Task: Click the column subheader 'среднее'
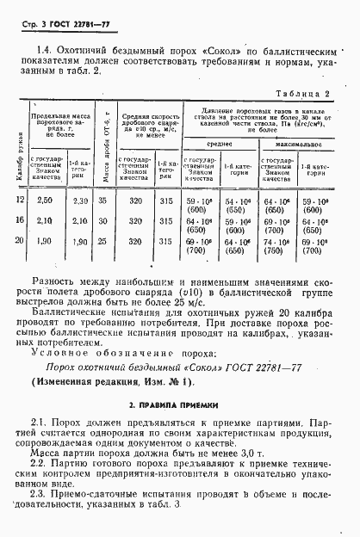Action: (x=218, y=145)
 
